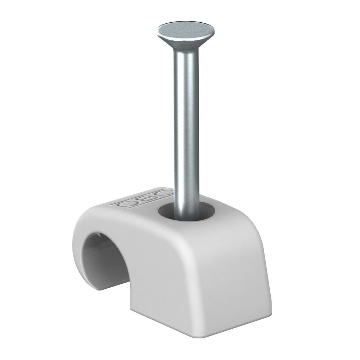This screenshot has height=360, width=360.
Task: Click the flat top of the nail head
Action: coord(186,28)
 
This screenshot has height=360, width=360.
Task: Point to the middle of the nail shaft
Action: coord(186,122)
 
